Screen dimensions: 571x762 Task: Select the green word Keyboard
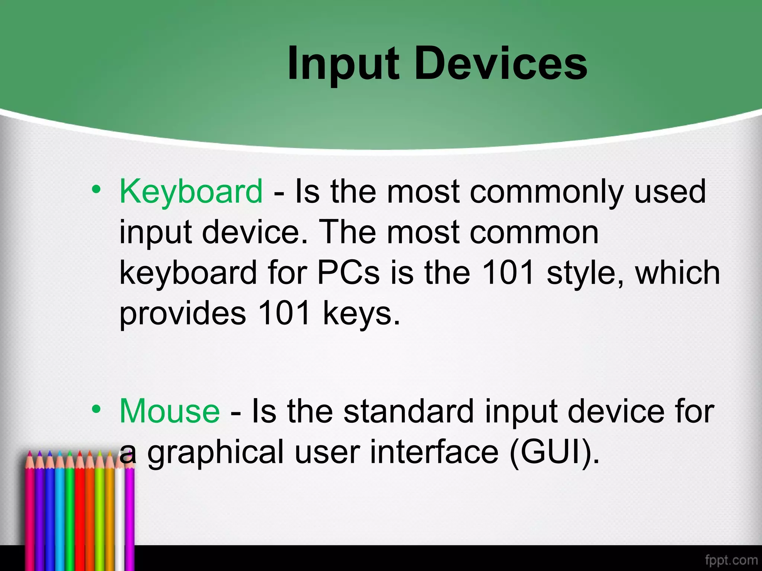click(x=191, y=192)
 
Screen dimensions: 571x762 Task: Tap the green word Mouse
click(x=170, y=412)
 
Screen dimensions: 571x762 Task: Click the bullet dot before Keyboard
click(x=96, y=190)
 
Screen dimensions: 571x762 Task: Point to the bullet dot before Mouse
click(x=96, y=409)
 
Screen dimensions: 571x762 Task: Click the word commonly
click(x=546, y=192)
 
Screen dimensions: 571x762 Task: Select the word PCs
click(x=348, y=273)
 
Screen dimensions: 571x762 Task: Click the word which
click(x=678, y=273)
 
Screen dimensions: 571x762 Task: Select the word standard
click(x=408, y=412)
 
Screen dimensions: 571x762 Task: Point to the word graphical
click(x=216, y=453)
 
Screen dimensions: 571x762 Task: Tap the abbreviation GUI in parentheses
click(x=554, y=452)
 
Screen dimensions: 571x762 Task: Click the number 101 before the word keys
click(x=284, y=313)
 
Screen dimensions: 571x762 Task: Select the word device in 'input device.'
click(x=255, y=232)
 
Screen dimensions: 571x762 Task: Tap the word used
click(x=670, y=192)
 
